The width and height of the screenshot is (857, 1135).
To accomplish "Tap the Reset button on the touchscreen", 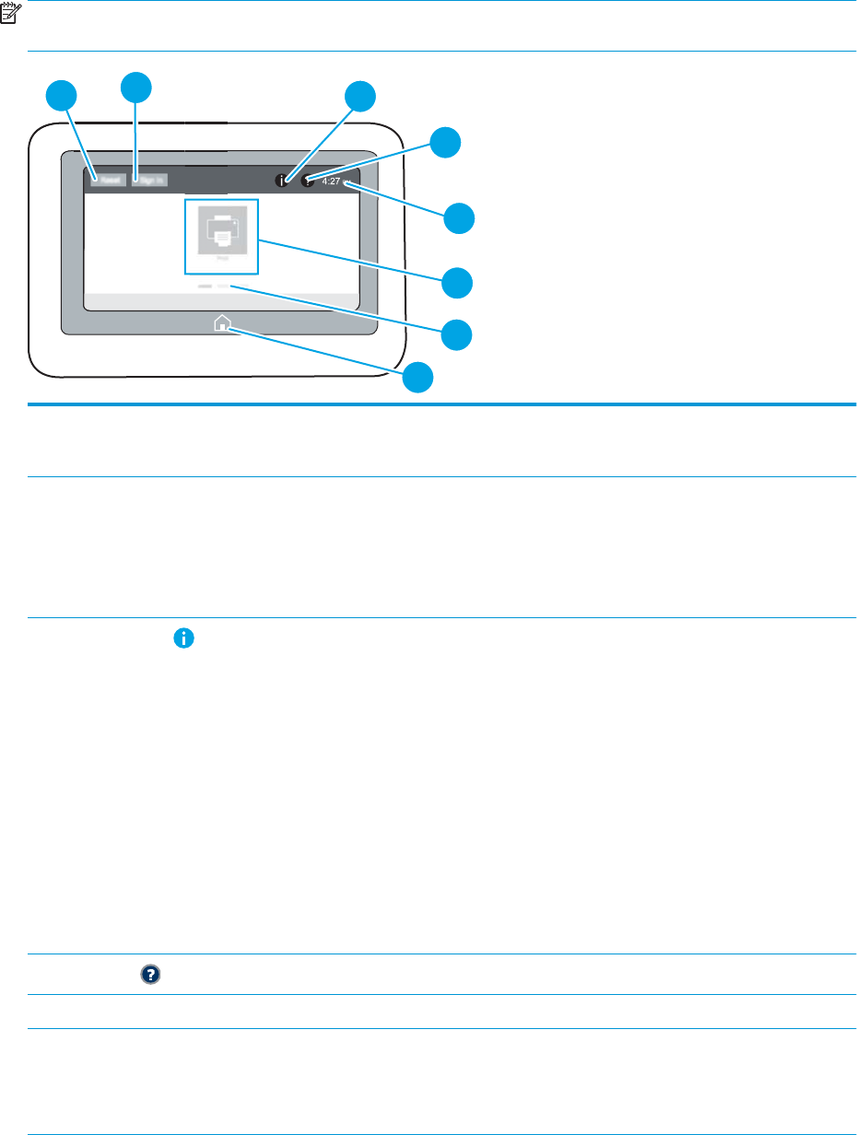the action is coord(108,180).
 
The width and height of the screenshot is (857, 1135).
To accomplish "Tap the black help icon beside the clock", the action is coord(307,181).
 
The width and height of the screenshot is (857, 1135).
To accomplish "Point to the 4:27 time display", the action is coord(332,181).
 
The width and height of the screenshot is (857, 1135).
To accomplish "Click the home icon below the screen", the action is coord(221,323).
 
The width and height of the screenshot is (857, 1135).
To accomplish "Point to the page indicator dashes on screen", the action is coord(213,287).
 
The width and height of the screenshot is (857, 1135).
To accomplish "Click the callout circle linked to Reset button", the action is coord(61,96).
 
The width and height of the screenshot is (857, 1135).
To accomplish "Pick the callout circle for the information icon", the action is coord(360,96).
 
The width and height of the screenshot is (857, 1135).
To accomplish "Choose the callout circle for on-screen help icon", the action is coord(446,142).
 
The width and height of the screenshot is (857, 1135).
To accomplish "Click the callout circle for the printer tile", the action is coord(457,281).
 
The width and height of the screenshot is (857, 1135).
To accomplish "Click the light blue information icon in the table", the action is coord(184,638).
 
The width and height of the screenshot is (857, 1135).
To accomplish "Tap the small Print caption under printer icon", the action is coord(221,262).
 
